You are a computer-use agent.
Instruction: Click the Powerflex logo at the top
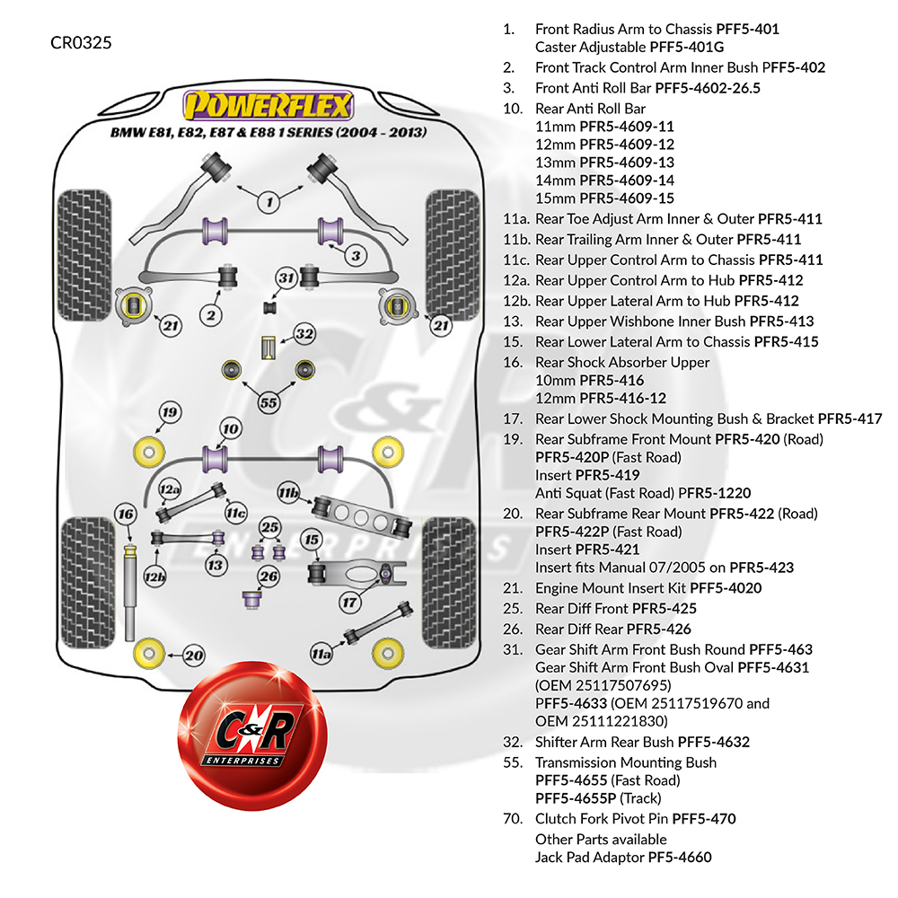267,107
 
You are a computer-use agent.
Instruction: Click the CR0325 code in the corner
82,42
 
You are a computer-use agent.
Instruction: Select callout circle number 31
286,278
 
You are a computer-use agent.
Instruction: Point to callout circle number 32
305,335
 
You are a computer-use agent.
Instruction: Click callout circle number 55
268,402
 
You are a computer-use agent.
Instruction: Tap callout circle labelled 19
170,413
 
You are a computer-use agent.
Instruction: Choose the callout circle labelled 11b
288,493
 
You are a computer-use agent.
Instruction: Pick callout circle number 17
349,601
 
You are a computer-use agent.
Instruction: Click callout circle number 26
268,576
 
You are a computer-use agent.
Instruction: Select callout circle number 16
125,515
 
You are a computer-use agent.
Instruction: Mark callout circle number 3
356,256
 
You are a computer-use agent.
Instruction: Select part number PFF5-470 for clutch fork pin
704,819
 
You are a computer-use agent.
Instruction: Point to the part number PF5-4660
680,858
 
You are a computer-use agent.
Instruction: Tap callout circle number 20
194,656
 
